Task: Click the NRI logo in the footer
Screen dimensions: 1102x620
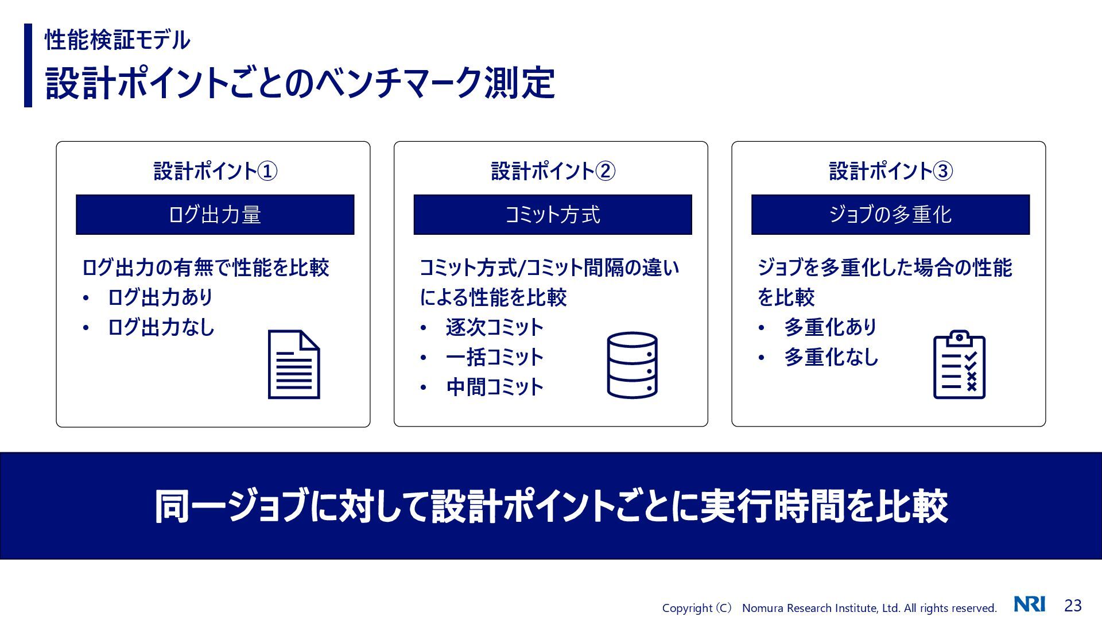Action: (1029, 604)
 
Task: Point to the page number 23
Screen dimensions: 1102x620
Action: (1073, 606)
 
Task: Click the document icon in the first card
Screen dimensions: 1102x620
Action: (294, 365)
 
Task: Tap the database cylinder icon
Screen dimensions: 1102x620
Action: (632, 365)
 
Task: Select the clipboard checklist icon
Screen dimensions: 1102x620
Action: (959, 365)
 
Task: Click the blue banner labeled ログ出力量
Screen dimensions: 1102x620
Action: (215, 215)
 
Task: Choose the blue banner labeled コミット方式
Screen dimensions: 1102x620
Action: (552, 215)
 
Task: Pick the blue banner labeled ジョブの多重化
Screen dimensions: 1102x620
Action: (890, 215)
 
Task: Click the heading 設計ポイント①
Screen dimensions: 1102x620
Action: (215, 171)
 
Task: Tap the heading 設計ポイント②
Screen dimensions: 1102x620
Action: (553, 171)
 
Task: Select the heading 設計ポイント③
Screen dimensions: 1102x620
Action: (891, 171)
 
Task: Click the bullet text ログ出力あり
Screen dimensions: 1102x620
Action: (160, 297)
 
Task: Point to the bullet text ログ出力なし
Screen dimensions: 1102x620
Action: (161, 327)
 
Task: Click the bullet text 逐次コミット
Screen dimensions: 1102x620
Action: (494, 327)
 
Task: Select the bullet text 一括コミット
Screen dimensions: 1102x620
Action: (494, 357)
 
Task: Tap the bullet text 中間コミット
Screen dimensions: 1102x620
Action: (494, 387)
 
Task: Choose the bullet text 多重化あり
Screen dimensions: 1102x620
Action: (831, 327)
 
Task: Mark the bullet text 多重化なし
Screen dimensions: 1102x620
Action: (831, 357)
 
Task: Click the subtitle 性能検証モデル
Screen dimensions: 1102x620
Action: (118, 40)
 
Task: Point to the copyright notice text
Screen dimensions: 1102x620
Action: (829, 608)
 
